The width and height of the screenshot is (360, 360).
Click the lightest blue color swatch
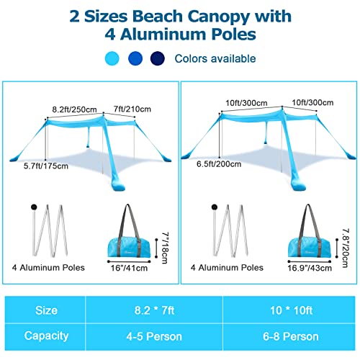click(x=112, y=58)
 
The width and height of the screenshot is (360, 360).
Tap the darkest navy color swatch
click(x=158, y=58)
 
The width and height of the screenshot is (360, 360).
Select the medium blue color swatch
click(x=135, y=58)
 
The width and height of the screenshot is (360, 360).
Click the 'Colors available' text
click(x=215, y=58)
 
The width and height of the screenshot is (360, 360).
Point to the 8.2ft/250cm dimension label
click(x=74, y=109)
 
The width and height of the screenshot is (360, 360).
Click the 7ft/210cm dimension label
click(x=132, y=109)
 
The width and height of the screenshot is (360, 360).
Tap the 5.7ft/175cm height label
click(x=46, y=166)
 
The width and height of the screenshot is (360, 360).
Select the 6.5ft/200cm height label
click(x=219, y=164)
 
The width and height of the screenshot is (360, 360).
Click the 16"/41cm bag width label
click(x=129, y=268)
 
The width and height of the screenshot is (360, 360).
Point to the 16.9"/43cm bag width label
click(x=310, y=268)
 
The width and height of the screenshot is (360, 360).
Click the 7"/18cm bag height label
click(x=165, y=248)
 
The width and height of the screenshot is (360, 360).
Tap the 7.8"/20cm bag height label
click(x=345, y=248)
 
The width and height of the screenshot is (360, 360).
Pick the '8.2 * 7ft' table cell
click(x=154, y=310)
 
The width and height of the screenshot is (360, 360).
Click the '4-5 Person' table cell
click(x=154, y=337)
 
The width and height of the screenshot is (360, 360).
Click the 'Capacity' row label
click(x=46, y=336)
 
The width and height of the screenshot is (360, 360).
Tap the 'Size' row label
click(x=46, y=310)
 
